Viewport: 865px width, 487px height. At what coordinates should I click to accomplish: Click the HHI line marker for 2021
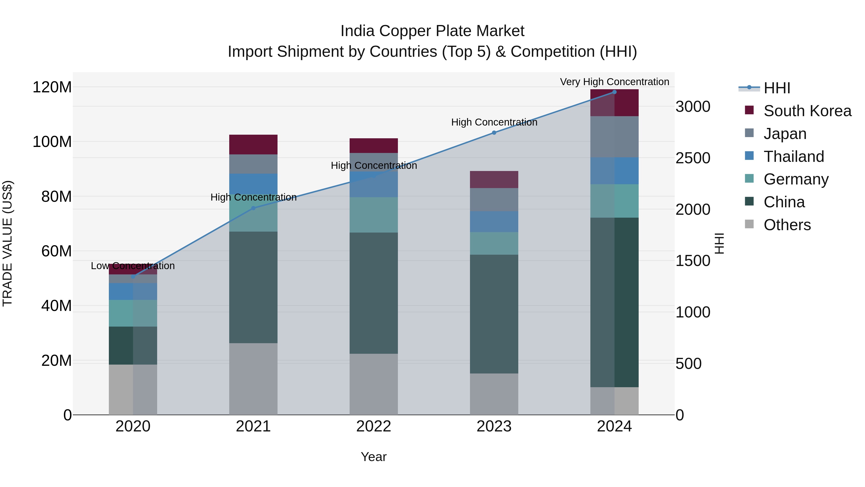(x=253, y=208)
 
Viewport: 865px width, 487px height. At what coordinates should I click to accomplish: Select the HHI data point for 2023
(x=494, y=133)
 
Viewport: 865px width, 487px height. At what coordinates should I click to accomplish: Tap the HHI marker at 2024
(x=614, y=92)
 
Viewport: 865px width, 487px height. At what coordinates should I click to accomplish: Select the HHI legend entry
(x=777, y=88)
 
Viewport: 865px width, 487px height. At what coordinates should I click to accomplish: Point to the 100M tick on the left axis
(x=52, y=142)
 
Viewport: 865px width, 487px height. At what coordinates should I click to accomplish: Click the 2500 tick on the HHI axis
(x=693, y=158)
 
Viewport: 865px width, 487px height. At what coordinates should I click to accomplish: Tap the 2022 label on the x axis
(x=373, y=426)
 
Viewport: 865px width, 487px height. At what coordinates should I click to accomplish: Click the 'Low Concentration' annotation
(x=133, y=266)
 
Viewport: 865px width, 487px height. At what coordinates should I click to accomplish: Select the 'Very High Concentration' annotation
(x=614, y=82)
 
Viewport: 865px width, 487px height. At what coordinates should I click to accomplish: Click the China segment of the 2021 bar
(x=253, y=287)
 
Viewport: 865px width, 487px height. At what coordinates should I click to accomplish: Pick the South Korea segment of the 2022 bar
(x=373, y=145)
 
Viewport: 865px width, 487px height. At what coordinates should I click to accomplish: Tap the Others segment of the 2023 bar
(x=494, y=394)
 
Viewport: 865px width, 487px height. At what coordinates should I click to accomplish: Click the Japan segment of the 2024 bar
(x=614, y=137)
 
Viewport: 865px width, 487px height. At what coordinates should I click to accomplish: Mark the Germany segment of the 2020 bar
(x=133, y=313)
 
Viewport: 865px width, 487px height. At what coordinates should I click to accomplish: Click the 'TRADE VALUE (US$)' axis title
(x=7, y=243)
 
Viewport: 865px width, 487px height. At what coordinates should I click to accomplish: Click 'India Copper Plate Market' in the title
(x=432, y=31)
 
